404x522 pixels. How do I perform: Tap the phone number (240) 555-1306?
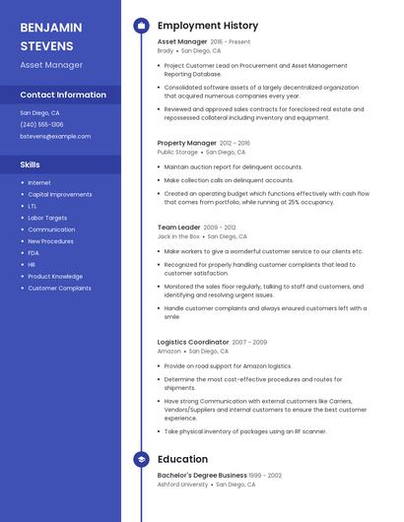(x=41, y=124)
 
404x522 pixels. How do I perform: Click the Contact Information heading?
(x=63, y=95)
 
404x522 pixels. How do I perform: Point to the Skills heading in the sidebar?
(x=31, y=164)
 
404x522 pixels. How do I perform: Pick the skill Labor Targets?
(x=47, y=218)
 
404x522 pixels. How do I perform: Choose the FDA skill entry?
(x=34, y=253)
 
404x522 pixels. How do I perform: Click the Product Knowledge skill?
(x=55, y=277)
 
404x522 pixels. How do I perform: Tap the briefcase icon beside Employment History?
(x=141, y=25)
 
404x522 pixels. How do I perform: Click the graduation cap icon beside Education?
(x=141, y=459)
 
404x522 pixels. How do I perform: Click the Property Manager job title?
(x=186, y=143)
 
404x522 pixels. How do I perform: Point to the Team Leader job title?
(x=178, y=227)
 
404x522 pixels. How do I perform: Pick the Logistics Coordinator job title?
(x=193, y=342)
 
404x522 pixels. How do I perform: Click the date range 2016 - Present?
(x=231, y=42)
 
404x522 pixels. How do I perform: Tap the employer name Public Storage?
(x=177, y=153)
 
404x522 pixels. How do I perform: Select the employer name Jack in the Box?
(x=179, y=236)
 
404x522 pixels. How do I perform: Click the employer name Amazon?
(x=169, y=351)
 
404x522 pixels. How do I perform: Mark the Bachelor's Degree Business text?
(x=202, y=475)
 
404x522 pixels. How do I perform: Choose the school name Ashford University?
(x=182, y=485)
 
